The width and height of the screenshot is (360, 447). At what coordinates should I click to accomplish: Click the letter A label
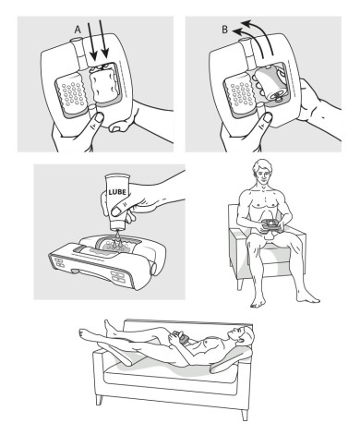click(78, 30)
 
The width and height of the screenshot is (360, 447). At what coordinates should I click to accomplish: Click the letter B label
click(225, 30)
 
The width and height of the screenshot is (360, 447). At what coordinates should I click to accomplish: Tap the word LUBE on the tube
click(117, 192)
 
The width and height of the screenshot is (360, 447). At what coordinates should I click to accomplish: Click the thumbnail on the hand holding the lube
click(116, 211)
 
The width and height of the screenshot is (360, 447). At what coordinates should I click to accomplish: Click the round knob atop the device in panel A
click(77, 41)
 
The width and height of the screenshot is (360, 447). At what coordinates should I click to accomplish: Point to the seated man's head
click(262, 171)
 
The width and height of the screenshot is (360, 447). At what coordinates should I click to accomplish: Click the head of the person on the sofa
click(244, 336)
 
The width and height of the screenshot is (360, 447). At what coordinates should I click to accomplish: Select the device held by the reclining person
click(182, 336)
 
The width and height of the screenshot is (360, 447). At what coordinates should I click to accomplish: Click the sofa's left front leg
click(100, 400)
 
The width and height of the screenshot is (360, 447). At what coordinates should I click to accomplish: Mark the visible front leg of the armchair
click(239, 284)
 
